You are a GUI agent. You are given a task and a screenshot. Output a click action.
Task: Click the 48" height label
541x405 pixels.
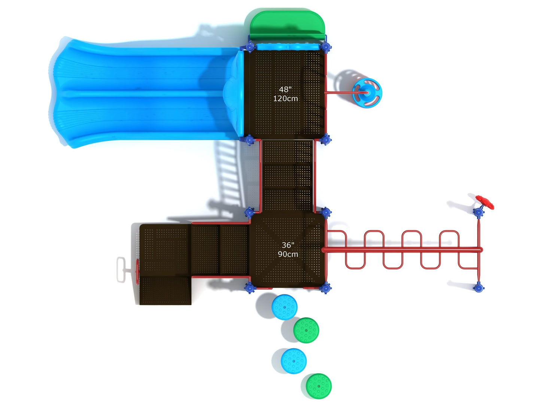(285, 90)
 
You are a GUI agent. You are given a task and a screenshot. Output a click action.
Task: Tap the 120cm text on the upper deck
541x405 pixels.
(285, 99)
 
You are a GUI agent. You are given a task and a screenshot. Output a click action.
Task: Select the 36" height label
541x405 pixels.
(288, 245)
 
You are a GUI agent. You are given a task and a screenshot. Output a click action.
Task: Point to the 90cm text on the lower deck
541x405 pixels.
(288, 254)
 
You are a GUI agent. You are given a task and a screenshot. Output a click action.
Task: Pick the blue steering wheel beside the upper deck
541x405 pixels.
(367, 92)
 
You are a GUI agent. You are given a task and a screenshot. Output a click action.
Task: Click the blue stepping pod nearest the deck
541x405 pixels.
(285, 307)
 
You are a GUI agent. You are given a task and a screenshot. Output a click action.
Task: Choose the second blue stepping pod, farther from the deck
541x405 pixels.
(294, 361)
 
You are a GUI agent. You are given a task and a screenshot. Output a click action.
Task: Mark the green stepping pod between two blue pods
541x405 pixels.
(306, 330)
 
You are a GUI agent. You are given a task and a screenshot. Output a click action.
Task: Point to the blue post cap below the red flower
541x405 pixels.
(478, 213)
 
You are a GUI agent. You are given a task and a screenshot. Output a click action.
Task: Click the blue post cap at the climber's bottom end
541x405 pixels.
(478, 288)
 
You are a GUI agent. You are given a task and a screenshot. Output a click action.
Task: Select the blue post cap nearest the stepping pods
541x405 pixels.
(250, 288)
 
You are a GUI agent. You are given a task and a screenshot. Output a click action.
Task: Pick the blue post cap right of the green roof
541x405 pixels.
(326, 47)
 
